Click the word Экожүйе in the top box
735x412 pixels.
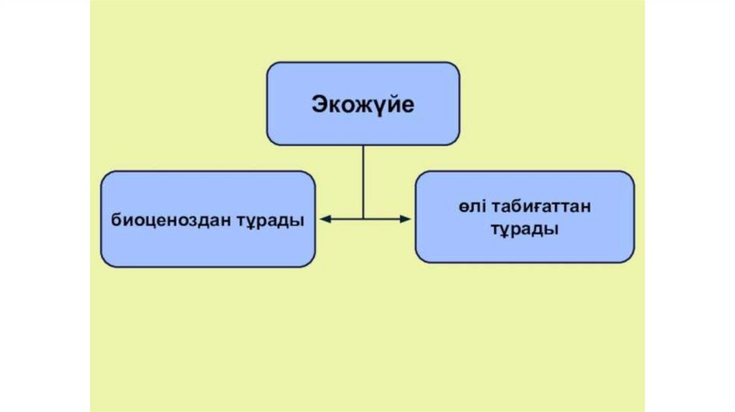click(362, 105)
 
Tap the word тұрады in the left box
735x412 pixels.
click(271, 220)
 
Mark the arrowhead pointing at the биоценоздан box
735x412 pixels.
click(324, 219)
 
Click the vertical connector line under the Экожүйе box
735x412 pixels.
click(363, 179)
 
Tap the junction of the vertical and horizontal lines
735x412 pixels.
click(363, 219)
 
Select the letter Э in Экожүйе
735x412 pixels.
click(319, 105)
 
